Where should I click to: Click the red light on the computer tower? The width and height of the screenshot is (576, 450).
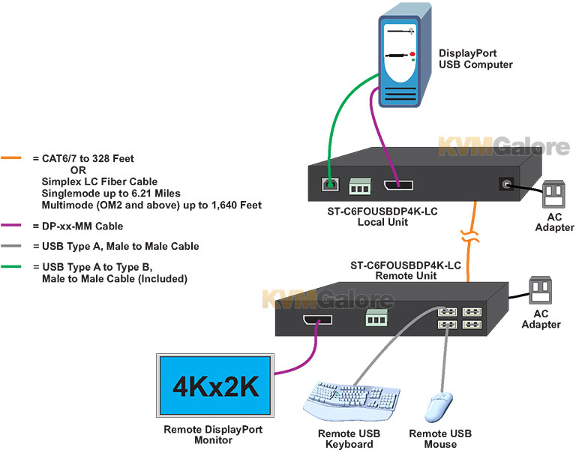412,54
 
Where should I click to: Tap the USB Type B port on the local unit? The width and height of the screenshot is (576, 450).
330,184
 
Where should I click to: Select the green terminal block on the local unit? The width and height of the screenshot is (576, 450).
360,186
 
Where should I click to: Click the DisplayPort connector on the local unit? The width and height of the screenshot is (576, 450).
398,185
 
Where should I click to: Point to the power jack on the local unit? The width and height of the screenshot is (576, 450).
506,184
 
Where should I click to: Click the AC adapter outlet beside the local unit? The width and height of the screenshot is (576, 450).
553,193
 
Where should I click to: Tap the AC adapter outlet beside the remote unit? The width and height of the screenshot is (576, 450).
540,290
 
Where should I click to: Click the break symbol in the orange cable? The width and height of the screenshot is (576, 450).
469,236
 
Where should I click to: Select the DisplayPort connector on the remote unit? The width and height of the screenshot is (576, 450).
317,319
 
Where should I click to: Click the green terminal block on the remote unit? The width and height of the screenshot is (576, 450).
376,318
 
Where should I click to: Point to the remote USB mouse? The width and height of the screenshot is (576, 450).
439,407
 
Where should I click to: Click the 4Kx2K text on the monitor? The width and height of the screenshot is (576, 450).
216,386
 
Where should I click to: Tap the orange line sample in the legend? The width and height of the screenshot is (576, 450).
11,158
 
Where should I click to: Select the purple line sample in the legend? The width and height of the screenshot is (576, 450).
11,225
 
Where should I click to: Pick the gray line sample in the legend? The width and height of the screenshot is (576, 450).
11,246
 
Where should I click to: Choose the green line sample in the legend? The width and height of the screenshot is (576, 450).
11,267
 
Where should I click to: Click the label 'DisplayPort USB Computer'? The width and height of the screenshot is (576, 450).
475,58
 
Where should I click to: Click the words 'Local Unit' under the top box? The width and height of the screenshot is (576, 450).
382,222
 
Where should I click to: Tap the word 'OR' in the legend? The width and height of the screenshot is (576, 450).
78,170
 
